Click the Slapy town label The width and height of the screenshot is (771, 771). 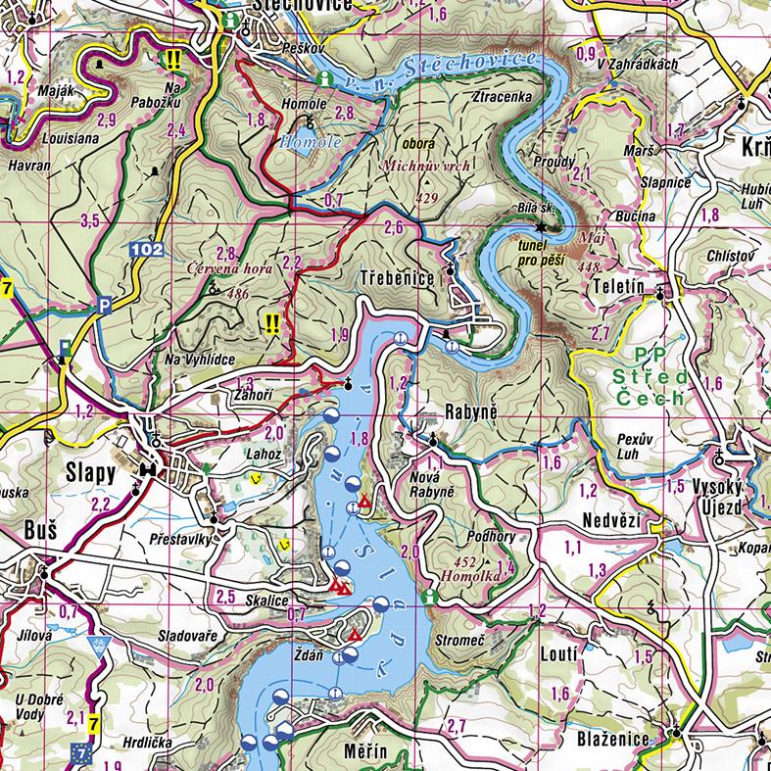pyautogui.click(x=90, y=472)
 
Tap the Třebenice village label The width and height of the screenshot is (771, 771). pyautogui.click(x=397, y=277)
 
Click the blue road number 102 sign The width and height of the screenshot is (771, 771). pyautogui.click(x=144, y=251)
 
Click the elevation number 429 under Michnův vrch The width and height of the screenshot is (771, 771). pyautogui.click(x=425, y=198)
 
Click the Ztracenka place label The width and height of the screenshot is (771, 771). pyautogui.click(x=502, y=97)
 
